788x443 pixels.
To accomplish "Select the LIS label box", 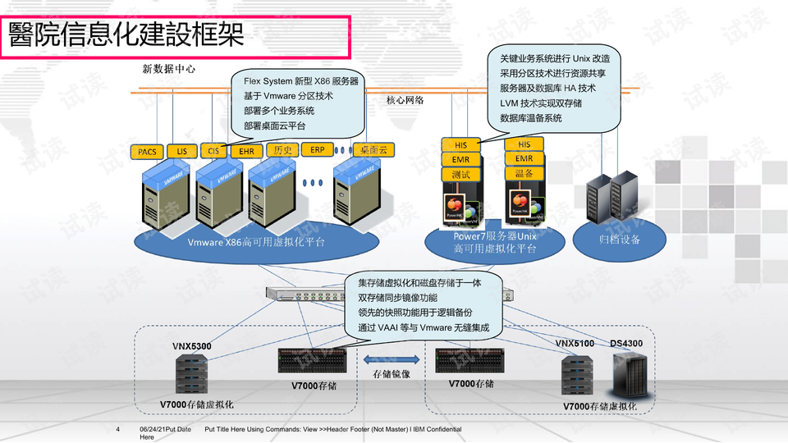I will coord(181,152).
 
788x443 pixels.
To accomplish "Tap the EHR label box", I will coord(246,152).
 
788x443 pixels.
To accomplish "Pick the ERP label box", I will coord(317,150).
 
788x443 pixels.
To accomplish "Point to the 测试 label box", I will coord(460,174).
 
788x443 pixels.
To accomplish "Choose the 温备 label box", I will coord(524,174).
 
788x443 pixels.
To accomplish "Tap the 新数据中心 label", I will coord(169,69).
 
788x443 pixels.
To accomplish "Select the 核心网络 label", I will coord(405,101).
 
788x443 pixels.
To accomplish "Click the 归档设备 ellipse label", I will coord(619,240).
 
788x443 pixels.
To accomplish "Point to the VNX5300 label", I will coord(191,346).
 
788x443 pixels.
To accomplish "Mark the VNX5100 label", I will coord(575,343).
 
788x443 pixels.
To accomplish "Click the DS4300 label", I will coord(626,343).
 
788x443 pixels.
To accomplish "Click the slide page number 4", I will coord(118,430).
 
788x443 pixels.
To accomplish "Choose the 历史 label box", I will coord(282,151).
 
